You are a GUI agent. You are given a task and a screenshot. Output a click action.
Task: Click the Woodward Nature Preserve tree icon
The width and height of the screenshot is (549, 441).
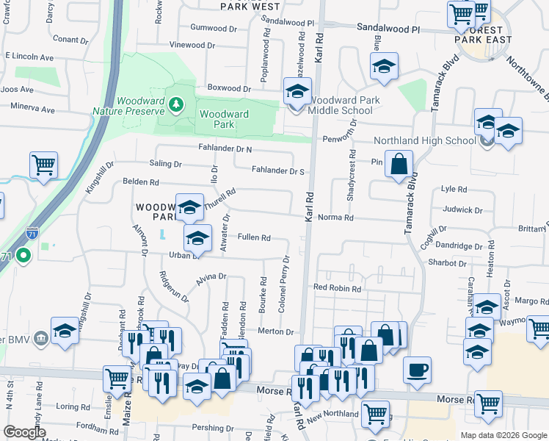pyautogui.click(x=175, y=104)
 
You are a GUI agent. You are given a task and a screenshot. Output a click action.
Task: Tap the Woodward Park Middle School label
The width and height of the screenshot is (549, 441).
pyautogui.click(x=341, y=105)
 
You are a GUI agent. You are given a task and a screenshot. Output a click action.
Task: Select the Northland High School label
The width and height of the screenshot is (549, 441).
pyautogui.click(x=425, y=140)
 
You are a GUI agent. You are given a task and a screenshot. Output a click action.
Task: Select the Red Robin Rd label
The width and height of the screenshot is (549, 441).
pyautogui.click(x=337, y=289)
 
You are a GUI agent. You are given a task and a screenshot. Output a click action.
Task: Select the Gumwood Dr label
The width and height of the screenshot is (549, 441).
pyautogui.click(x=214, y=27)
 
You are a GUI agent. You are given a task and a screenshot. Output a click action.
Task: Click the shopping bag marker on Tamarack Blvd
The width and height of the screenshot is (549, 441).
pyautogui.click(x=399, y=165)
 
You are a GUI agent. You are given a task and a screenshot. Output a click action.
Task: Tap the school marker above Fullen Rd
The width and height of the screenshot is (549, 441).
pyautogui.click(x=190, y=208)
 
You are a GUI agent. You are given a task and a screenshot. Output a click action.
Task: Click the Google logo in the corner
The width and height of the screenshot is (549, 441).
pyautogui.click(x=24, y=431)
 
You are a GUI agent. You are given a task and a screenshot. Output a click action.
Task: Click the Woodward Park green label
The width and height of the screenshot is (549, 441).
pyautogui.click(x=224, y=119)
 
